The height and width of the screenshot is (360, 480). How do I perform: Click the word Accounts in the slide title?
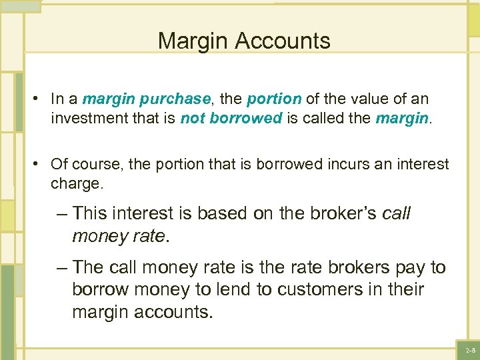pos(288,41)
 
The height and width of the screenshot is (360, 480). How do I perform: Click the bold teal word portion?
pos(274,99)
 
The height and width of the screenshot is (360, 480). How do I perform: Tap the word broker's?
pos(333,213)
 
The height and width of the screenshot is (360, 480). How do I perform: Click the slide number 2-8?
pos(471,350)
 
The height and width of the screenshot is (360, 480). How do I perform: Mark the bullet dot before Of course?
pos(33,164)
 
